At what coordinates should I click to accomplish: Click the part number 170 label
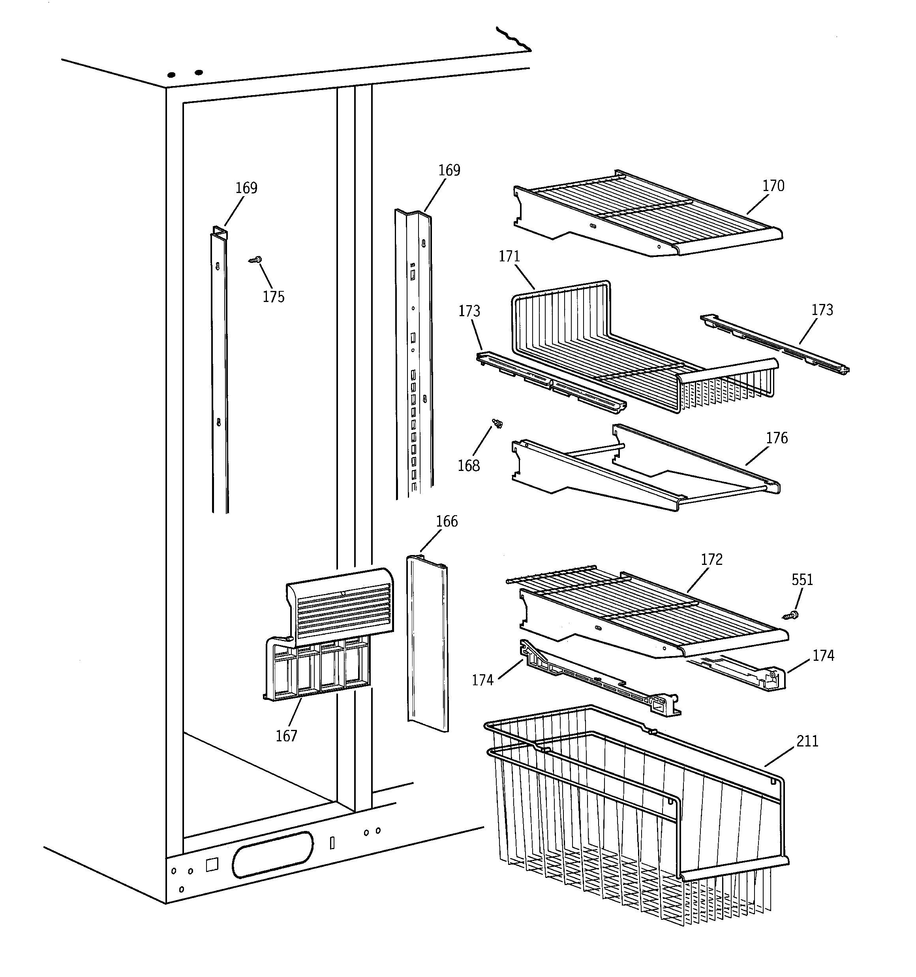773,186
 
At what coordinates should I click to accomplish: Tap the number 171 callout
509,256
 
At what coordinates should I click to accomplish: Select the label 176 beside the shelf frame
776,437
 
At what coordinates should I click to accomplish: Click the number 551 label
802,579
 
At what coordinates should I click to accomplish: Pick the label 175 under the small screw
273,296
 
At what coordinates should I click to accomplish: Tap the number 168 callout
469,465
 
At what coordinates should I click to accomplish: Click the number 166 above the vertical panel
447,521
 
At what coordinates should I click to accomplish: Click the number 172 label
711,559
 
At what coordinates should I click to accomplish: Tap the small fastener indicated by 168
497,423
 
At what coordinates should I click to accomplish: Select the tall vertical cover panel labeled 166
427,644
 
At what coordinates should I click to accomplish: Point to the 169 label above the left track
246,188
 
